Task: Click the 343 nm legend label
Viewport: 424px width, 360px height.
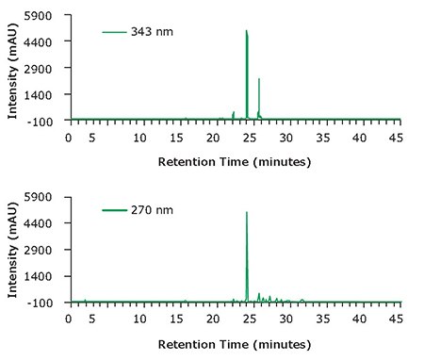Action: point(152,32)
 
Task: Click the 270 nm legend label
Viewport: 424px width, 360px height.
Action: point(152,212)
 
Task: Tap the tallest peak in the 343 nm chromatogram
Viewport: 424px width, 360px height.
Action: point(247,33)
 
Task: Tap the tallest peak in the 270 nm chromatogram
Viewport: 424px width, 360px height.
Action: point(247,214)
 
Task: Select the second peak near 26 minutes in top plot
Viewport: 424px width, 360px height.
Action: point(259,81)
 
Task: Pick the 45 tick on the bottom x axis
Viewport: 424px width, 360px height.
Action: point(396,319)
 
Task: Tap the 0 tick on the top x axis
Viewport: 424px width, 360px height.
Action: point(68,138)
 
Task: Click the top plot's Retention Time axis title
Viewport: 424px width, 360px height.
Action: point(234,161)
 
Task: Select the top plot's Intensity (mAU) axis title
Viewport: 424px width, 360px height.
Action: point(12,68)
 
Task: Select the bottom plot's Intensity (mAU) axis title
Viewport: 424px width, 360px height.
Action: point(12,250)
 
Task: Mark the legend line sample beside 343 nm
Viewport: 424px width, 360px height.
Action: point(114,32)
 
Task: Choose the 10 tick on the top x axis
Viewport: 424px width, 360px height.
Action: point(140,138)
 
